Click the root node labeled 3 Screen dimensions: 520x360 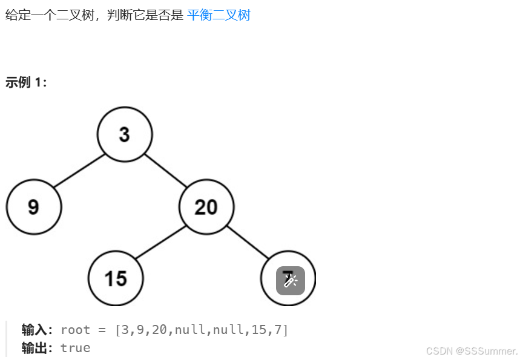[125, 134]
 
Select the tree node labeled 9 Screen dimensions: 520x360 [34, 207]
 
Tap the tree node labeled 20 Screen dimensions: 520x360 [206, 207]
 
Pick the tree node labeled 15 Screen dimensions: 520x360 [116, 278]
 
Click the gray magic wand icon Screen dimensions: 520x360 [291, 281]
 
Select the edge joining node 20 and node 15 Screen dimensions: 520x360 [160, 243]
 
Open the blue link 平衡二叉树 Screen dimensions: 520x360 [219, 15]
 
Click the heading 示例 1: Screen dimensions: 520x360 [26, 83]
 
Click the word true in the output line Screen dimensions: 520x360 [76, 348]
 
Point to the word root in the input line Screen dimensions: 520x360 [76, 330]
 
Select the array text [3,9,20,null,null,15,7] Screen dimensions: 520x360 [201, 330]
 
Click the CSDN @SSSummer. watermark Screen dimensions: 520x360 [472, 351]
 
